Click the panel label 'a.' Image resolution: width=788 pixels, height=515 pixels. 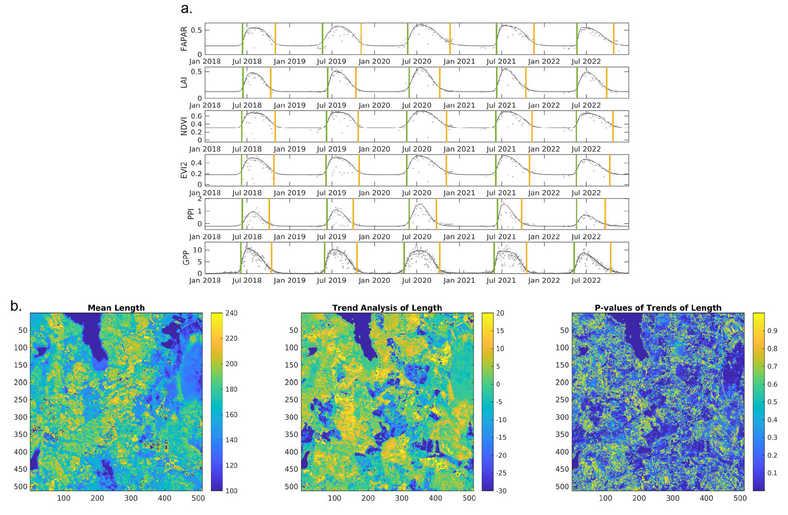pos(186,8)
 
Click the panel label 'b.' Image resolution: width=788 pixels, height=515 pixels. pos(16,306)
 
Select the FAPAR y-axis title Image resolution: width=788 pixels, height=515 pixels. pos(184,39)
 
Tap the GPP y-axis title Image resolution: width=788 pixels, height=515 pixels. pos(186,257)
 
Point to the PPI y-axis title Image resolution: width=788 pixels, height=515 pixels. pos(191,213)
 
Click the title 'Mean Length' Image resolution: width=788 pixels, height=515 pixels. pos(116,307)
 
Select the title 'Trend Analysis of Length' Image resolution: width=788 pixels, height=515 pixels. pos(387,307)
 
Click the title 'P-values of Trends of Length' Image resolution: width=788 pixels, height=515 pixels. pos(658,307)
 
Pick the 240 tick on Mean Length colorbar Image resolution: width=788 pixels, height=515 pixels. pos(231,313)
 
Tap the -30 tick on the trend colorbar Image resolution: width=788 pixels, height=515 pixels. pos(500,491)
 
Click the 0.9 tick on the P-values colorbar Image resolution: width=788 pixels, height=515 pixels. pos(772,331)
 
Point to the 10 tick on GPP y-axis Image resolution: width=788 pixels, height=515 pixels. pos(197,250)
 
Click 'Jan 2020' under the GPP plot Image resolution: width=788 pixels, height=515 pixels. pos(374,280)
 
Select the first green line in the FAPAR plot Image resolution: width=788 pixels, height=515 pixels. pos(242,39)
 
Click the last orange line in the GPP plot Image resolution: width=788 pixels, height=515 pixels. pos(611,257)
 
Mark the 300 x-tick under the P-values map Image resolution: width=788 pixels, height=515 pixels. pos(673,498)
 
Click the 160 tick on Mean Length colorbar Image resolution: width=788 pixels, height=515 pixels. pos(231,415)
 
